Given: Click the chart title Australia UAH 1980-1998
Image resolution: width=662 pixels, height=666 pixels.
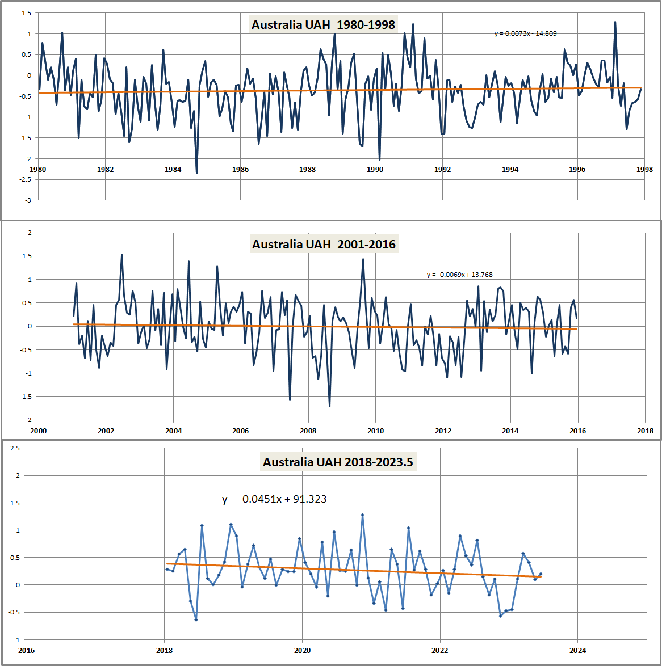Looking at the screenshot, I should [323, 25].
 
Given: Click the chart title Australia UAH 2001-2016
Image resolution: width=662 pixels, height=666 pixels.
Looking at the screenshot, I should [324, 245].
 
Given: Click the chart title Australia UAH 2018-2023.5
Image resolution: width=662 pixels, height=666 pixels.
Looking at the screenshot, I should [338, 462].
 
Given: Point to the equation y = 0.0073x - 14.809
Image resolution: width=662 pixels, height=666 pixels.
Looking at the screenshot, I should [525, 33].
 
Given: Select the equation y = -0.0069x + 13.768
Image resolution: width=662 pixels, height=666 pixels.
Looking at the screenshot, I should [459, 275].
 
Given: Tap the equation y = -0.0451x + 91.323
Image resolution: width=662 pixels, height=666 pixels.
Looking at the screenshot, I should [274, 499].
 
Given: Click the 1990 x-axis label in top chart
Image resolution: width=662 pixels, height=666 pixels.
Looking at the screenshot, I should [375, 169].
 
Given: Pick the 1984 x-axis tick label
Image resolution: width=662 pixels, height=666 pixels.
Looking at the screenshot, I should [173, 169].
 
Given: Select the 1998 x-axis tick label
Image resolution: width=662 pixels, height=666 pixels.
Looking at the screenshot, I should [644, 169].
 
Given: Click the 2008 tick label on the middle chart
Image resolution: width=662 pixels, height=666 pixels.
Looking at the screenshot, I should [308, 431].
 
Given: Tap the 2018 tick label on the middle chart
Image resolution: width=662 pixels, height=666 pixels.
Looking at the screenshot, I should [645, 431].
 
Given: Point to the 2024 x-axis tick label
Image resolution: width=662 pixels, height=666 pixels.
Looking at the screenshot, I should [577, 650].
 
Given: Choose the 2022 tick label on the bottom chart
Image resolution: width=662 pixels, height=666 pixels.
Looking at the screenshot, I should [440, 650].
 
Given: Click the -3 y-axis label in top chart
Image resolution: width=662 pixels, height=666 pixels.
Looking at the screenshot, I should [27, 200].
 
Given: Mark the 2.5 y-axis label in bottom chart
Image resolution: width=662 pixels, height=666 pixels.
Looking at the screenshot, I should [15, 448].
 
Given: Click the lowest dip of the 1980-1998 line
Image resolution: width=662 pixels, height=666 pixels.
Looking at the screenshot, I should [196, 173].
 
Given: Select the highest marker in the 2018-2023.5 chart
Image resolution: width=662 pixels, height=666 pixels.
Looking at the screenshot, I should [362, 515].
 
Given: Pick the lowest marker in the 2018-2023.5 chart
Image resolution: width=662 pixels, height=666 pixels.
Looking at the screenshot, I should [196, 619].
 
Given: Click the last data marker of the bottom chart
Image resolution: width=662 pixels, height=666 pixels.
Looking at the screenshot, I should [541, 574].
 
